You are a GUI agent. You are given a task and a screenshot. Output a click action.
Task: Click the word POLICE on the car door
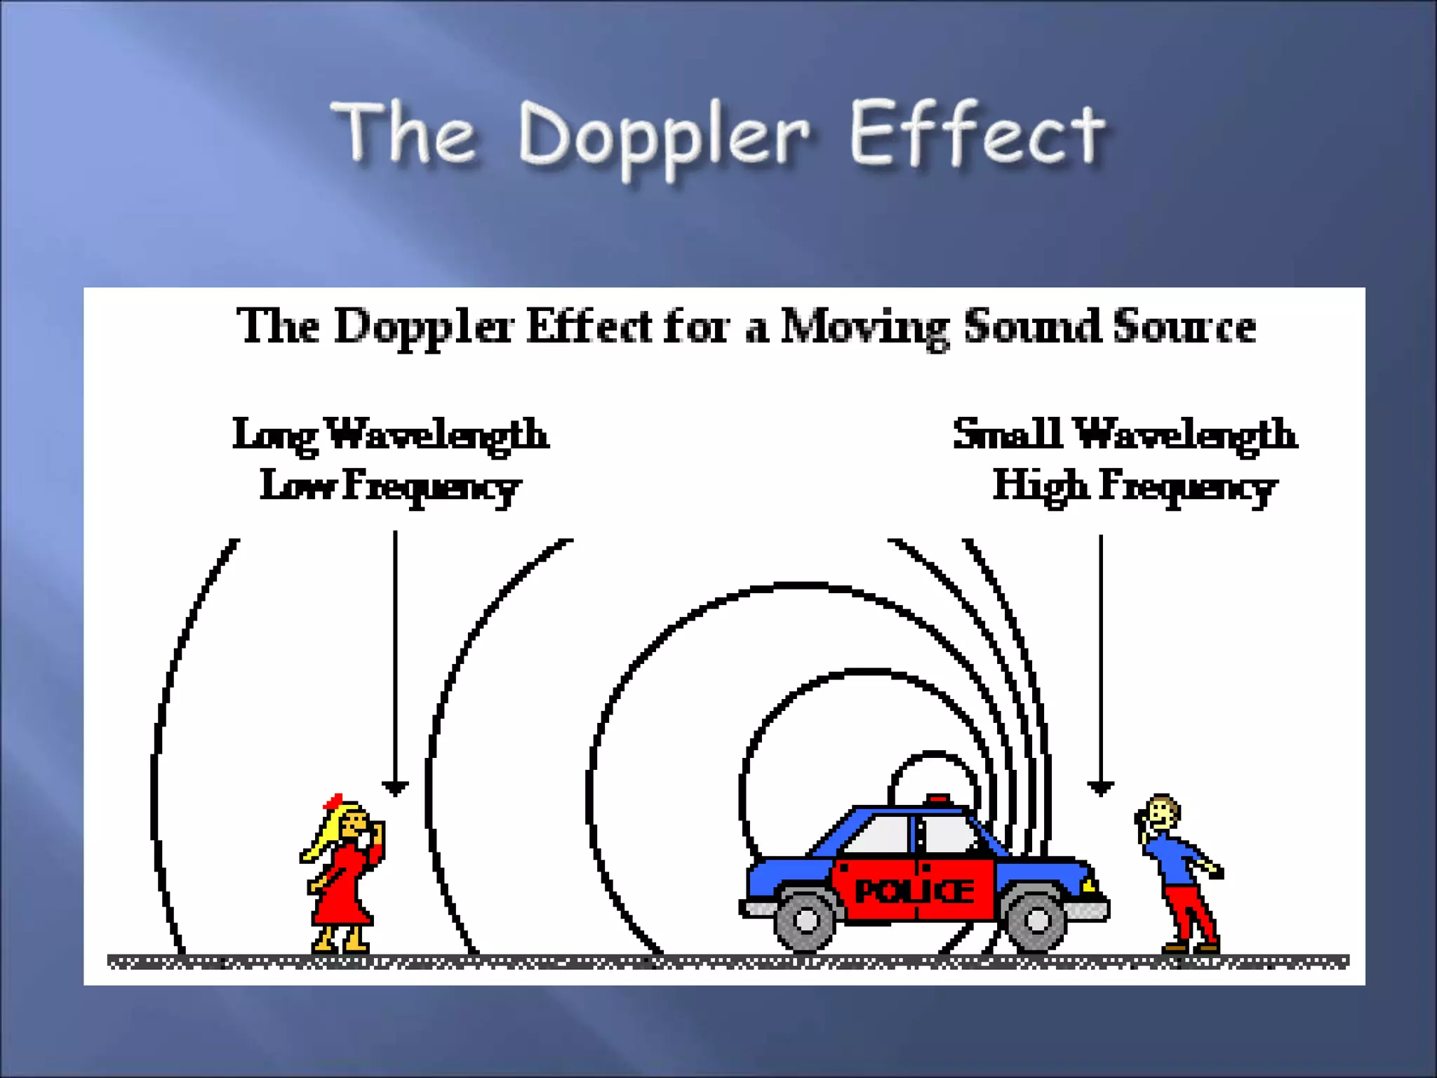click(914, 891)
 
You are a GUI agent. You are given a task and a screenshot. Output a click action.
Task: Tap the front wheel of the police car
click(1036, 919)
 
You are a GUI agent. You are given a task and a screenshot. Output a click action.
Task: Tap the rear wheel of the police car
click(806, 919)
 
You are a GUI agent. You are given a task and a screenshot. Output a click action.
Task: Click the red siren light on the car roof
click(938, 799)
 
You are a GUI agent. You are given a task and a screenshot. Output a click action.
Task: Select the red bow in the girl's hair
click(332, 801)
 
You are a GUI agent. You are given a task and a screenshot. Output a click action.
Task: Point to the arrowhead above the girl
click(395, 788)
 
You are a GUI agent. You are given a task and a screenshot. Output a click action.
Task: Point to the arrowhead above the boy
click(1100, 788)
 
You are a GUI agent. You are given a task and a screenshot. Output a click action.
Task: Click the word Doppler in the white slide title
click(663, 137)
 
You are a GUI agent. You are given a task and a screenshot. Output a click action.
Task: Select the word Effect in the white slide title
click(977, 133)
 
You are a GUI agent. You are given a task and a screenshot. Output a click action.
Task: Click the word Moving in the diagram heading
click(864, 327)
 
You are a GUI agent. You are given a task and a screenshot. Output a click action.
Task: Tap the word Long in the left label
click(275, 436)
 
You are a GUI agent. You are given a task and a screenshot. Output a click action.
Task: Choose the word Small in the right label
click(1007, 433)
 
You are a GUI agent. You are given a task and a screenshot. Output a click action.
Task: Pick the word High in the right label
click(1041, 486)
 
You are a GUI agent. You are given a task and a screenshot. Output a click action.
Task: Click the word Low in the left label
click(297, 485)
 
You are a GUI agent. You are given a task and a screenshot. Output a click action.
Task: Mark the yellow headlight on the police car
click(1088, 885)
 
